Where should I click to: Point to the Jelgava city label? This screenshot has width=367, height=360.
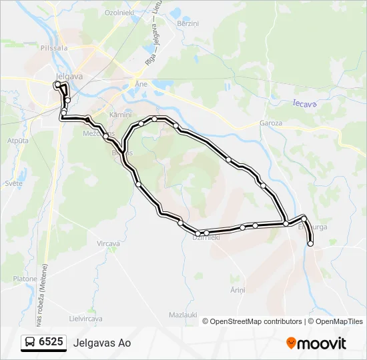[x=69, y=76]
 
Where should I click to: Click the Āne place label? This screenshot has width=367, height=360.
[x=141, y=85]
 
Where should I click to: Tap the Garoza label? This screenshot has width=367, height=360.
[x=272, y=124]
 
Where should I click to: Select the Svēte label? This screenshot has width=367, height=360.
[x=13, y=183]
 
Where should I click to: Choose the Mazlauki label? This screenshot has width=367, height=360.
[x=181, y=314]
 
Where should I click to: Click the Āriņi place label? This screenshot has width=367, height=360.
[x=238, y=290]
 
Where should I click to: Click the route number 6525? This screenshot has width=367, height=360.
[x=51, y=343]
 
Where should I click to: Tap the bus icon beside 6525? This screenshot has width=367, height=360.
[x=30, y=343]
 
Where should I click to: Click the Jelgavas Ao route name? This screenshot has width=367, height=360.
[x=103, y=343]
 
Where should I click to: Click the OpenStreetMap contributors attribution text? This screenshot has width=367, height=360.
[x=256, y=321]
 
